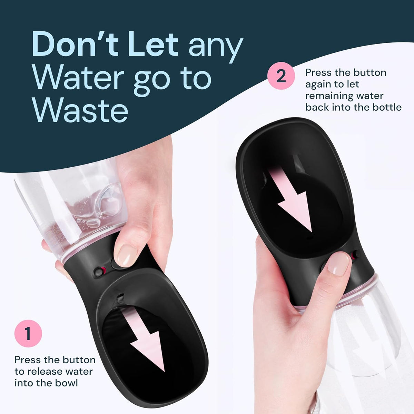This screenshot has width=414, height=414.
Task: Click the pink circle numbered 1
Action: point(28,334)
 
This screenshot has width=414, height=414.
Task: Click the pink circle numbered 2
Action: point(281,76)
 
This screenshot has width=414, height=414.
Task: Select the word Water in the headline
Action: point(78,78)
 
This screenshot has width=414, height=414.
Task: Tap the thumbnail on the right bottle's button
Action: point(338,264)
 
